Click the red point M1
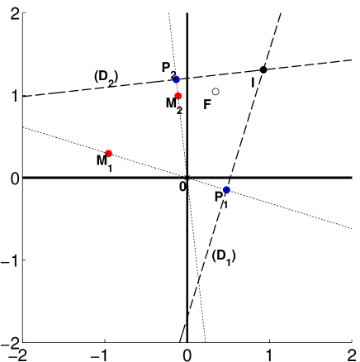108,153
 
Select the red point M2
178,96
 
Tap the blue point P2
176,79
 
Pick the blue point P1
226,190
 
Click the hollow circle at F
216,92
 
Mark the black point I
263,69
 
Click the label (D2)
106,77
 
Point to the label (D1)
224,256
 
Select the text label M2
173,105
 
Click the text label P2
168,69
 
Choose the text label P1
221,199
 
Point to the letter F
207,105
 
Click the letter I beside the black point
253,82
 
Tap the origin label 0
182,187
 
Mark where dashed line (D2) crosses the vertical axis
187,78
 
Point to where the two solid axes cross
187,177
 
